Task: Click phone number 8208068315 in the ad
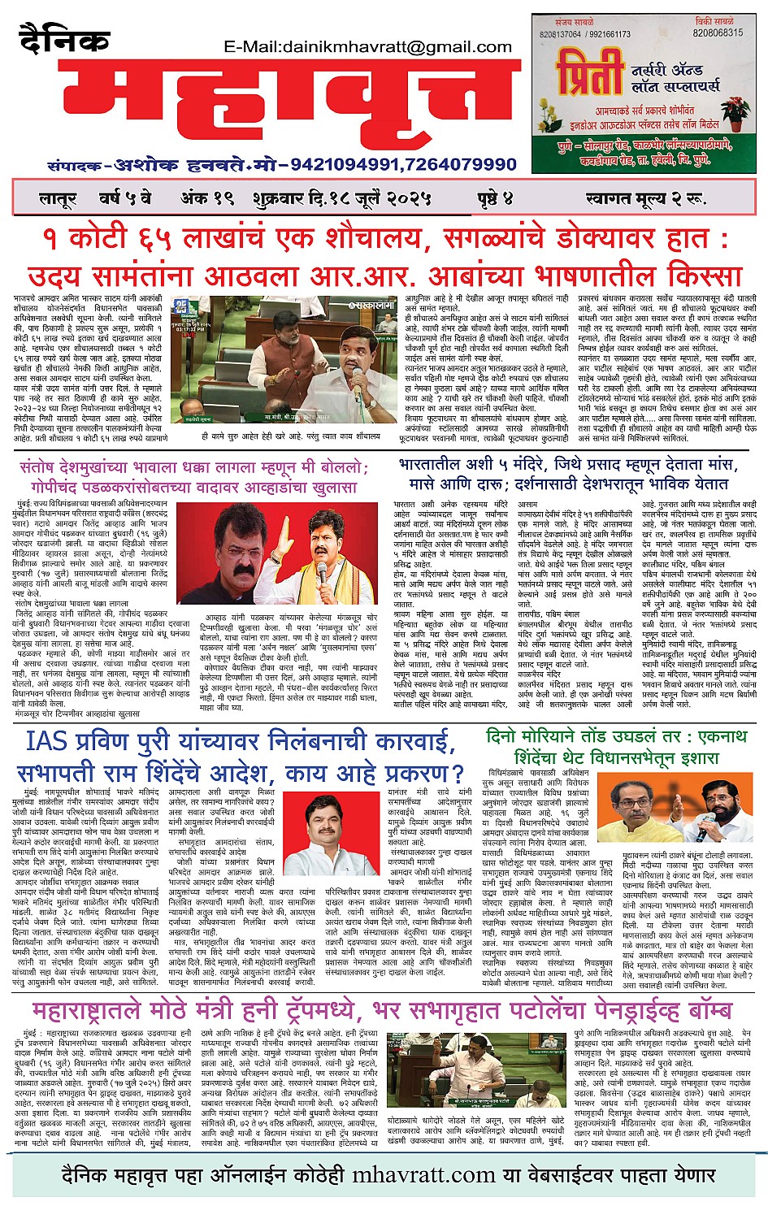(718, 33)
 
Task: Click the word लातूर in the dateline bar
(57, 198)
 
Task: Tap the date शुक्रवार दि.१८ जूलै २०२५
(345, 198)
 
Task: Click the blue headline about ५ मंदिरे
(563, 474)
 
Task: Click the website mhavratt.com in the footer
(423, 1175)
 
